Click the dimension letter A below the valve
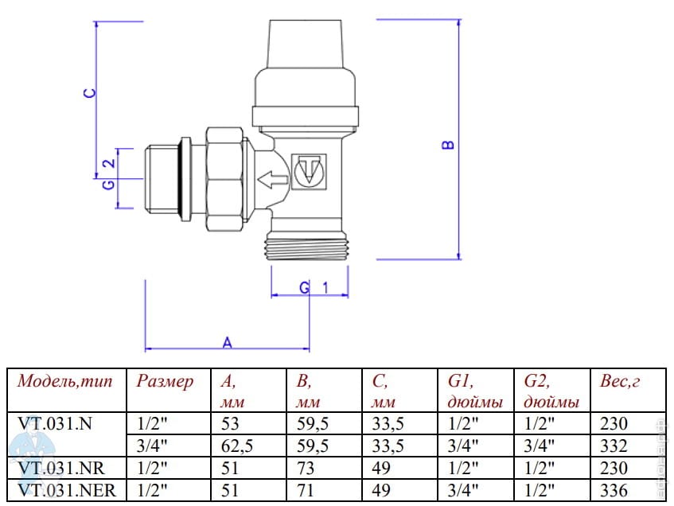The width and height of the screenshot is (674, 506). (x=227, y=342)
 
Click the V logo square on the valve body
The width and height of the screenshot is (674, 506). (x=309, y=171)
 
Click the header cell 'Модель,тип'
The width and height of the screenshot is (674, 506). (x=66, y=381)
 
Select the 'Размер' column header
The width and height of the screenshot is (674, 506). (x=165, y=381)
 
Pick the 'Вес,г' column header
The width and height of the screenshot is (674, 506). (x=621, y=381)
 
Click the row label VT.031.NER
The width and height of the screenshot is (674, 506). (x=67, y=491)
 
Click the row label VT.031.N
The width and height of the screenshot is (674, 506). (x=55, y=423)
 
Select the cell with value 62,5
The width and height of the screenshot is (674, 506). (x=236, y=446)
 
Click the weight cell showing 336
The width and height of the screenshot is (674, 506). (x=614, y=491)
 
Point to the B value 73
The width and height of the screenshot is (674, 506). (x=304, y=469)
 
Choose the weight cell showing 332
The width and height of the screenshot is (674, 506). (x=614, y=446)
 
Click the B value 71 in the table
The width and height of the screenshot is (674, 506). (x=304, y=491)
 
